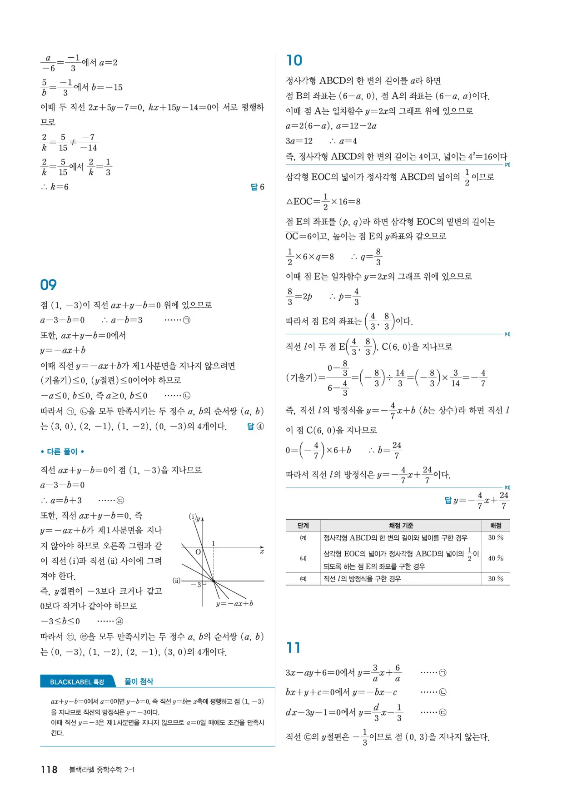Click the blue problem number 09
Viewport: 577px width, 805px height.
pos(48,285)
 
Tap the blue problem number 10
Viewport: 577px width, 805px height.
pos(294,60)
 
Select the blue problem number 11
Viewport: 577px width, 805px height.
pos(293,648)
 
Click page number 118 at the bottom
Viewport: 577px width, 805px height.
pos(49,770)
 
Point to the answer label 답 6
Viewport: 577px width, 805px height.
pos(257,187)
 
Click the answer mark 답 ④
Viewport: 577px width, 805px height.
pos(255,427)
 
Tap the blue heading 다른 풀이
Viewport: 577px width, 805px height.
pos(62,452)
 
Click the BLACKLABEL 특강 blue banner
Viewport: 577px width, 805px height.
pos(77,682)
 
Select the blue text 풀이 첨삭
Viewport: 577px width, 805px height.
pos(139,681)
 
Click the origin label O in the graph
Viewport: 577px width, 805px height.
pos(198,552)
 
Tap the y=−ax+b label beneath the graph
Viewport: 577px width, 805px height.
pos(234,604)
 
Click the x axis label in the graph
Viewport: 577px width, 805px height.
pos(262,552)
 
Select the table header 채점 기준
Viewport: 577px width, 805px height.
pos(401,526)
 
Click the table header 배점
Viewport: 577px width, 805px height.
pos(496,526)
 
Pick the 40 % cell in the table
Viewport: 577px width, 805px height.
pos(496,558)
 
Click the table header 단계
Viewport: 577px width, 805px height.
pos(303,526)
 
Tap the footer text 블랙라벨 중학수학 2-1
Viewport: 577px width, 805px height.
pos(101,770)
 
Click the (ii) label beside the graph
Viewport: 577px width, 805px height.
pos(177,580)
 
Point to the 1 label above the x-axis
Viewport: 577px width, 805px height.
pos(213,544)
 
